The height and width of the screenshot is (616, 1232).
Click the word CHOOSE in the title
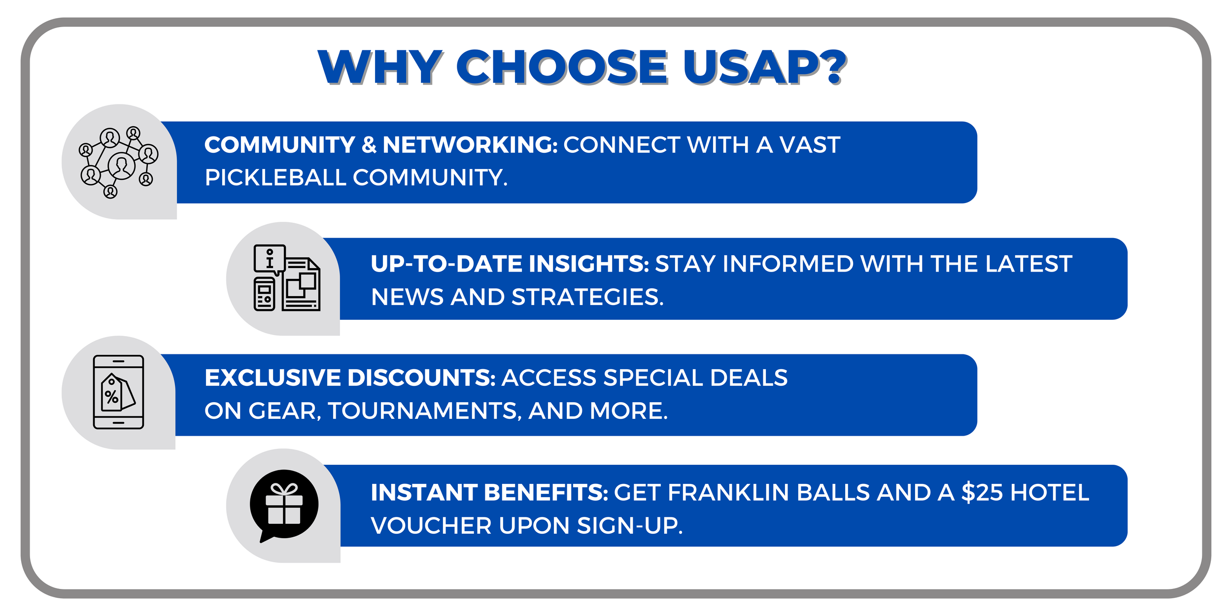click(562, 68)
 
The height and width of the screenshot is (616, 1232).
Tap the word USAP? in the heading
click(764, 68)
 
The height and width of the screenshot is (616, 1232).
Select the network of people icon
click(118, 162)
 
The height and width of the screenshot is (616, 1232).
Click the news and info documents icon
click(286, 278)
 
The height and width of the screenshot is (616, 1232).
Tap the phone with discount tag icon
click(118, 392)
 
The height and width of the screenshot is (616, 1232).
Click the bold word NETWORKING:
click(470, 145)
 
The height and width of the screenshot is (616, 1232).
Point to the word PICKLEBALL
click(275, 178)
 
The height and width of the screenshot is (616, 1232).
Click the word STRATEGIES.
click(588, 297)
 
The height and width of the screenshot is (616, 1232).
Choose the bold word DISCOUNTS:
click(421, 378)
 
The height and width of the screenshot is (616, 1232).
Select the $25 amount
click(982, 493)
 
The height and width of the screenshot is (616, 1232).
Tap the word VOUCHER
click(431, 526)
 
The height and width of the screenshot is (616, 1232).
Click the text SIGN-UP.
click(630, 526)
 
